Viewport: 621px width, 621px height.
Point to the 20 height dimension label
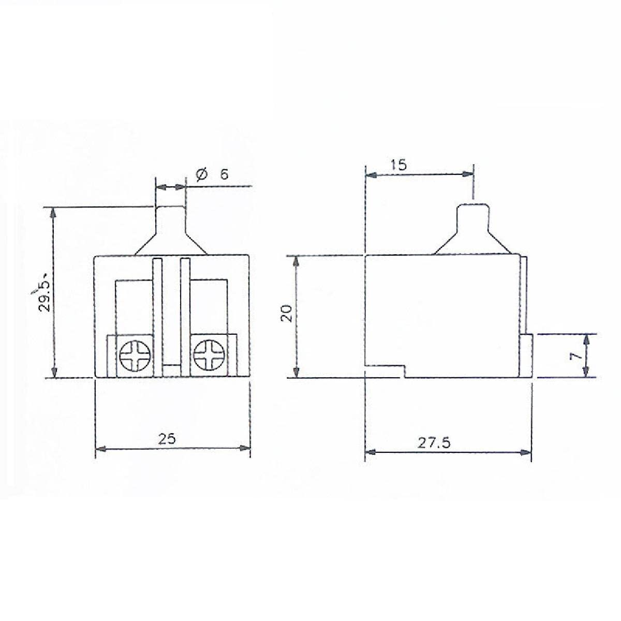(x=286, y=313)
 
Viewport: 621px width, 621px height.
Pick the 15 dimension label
(x=399, y=165)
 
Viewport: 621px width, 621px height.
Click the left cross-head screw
(x=135, y=356)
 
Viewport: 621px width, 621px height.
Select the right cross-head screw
(x=209, y=356)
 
